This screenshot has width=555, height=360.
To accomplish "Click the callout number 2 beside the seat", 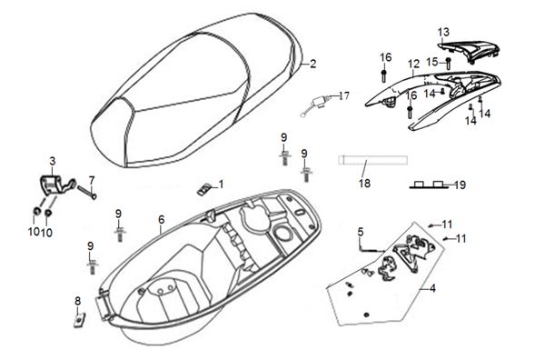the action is coord(312,64).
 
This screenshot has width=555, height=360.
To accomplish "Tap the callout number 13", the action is coord(443,32).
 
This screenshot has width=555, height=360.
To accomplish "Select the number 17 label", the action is coord(343,95).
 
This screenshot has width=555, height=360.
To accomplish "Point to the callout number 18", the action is coord(364,184).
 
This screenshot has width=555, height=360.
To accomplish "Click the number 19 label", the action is coord(460,185).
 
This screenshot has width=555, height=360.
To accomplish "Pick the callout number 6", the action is coord(162,220).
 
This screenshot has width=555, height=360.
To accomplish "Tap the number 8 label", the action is coord(78,301).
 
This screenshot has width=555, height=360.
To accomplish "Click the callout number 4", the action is coord(432,288).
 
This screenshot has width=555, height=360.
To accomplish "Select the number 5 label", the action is coord(361,232).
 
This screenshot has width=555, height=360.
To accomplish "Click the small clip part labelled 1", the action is coord(203,189).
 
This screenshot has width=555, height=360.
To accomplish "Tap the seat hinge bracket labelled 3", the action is coord(56,185).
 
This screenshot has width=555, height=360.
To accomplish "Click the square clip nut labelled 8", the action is coord(79,322).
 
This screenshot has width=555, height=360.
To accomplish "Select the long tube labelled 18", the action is coord(372,160).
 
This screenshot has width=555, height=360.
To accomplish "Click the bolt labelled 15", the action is coord(448,64).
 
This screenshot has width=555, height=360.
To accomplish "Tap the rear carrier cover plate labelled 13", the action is coord(468,51).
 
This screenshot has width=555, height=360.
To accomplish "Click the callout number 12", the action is coord(413,64).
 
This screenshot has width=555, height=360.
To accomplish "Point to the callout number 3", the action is coord(53,162).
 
